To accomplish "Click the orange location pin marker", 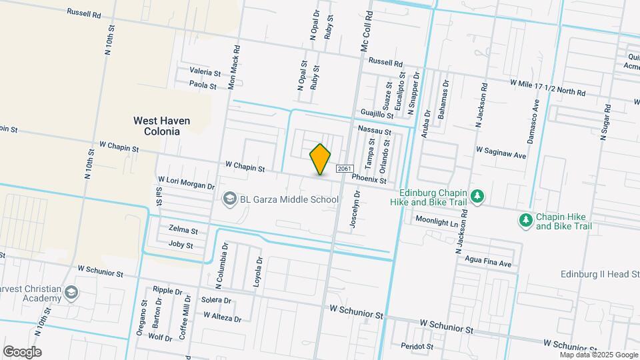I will pos(321,159).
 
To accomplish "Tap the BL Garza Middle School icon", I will pos(229,199).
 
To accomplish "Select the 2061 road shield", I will pos(343,169).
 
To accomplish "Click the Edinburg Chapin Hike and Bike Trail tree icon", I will pos(477,196).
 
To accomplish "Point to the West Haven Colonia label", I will pos(161,126).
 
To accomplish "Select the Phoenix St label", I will pos(369,179).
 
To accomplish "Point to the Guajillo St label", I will pos(377,113).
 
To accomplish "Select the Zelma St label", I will pos(183,230).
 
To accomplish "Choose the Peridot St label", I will pos(417,346).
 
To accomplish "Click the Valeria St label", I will pos(205,71).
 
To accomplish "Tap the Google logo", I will pos(22,351).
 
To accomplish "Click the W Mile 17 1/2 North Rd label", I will pos(547,87).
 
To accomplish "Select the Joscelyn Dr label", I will pos(356,211).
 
